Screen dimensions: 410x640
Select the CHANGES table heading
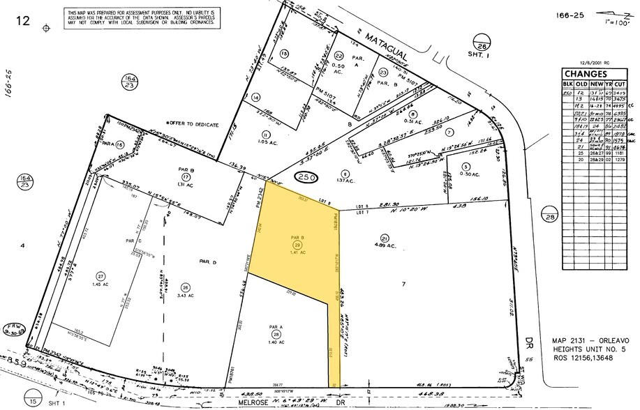click(585, 74)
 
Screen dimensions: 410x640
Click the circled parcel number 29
click(297, 246)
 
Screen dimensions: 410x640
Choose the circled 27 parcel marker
click(101, 276)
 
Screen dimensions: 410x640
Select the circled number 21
click(384, 237)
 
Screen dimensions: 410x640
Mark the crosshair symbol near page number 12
click(47, 28)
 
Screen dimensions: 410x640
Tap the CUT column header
click(620, 84)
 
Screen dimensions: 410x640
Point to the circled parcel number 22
click(339, 56)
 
